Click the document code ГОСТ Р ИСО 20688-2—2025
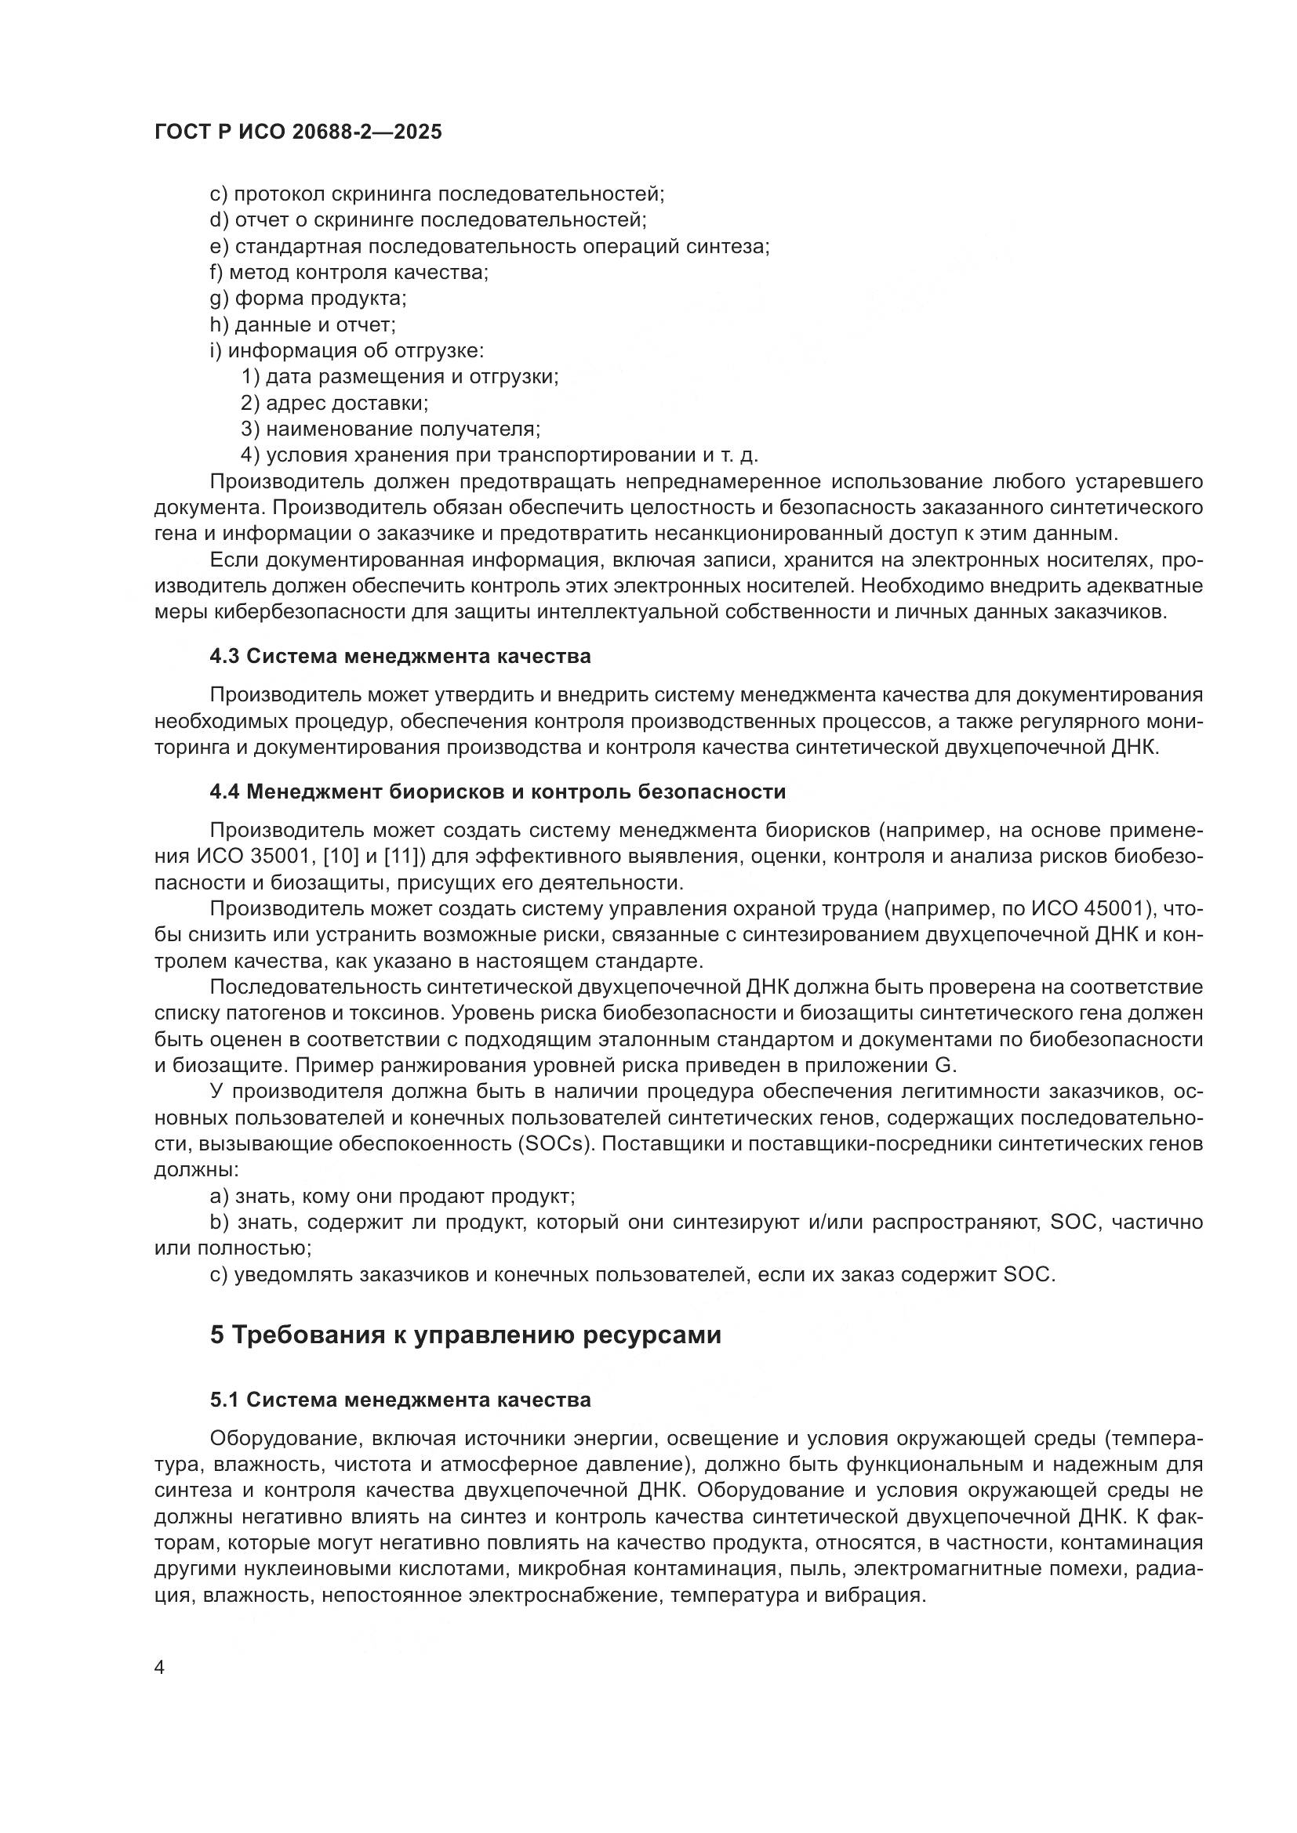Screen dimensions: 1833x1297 [x=298, y=132]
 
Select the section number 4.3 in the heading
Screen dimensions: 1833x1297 [x=225, y=657]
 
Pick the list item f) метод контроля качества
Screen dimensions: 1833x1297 [x=349, y=273]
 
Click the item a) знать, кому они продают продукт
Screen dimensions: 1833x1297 [x=392, y=1197]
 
